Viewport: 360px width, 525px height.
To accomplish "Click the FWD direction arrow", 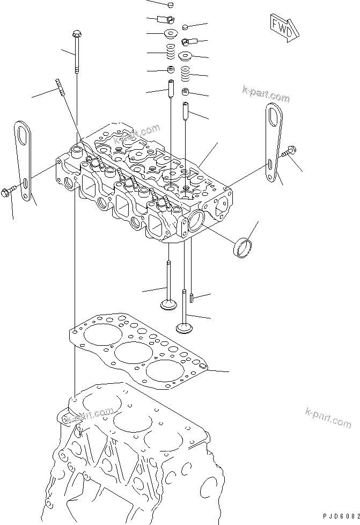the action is tap(284, 28).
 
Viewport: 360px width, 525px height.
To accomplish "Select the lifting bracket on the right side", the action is tap(275, 142).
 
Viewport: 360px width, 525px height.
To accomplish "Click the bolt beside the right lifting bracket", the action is tap(290, 152).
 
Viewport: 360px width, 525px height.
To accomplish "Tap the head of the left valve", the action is tap(167, 305).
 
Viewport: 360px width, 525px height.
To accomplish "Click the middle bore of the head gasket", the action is tap(130, 353).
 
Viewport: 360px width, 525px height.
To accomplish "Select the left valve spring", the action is tap(171, 52).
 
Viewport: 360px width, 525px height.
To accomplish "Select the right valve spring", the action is tap(185, 74).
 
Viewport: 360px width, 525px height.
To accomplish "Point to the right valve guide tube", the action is tap(185, 111).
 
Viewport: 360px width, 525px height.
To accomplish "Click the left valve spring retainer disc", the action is tap(171, 33).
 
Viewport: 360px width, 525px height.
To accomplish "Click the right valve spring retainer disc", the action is tap(185, 56).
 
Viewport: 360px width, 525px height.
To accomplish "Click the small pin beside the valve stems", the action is tap(191, 297).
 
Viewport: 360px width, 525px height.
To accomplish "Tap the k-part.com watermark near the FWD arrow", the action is tap(266, 94).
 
